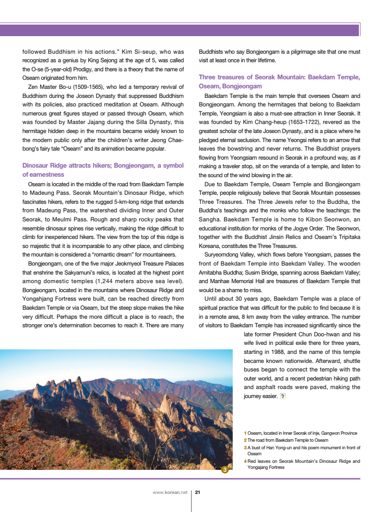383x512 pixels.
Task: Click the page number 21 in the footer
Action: (x=198, y=492)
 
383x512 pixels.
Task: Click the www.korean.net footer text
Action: (x=170, y=492)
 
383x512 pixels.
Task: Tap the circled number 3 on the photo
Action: (x=225, y=470)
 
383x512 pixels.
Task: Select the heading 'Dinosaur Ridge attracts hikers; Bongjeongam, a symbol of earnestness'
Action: (x=103, y=170)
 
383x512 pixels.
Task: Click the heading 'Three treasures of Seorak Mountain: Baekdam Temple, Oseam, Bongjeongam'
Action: (x=279, y=82)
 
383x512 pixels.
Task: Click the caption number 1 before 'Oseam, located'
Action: (x=245, y=433)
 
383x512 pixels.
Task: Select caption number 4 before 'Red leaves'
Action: (x=245, y=461)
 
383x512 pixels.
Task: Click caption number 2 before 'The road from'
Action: (x=245, y=440)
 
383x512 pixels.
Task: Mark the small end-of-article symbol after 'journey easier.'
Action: (x=282, y=396)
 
